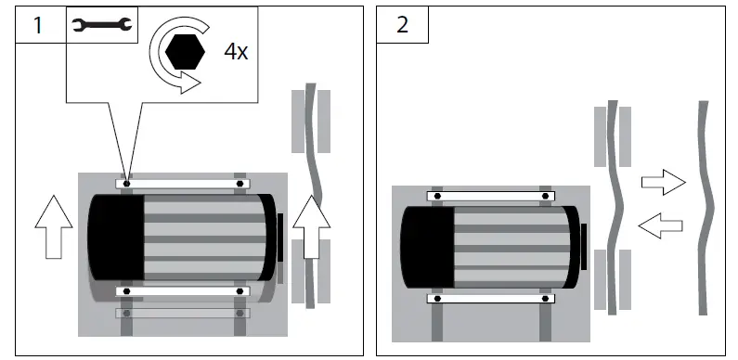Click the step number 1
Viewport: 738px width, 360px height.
click(x=37, y=25)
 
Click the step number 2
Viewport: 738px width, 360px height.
click(x=402, y=25)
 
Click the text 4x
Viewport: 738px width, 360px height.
click(x=235, y=51)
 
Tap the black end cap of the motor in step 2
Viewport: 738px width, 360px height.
click(x=426, y=247)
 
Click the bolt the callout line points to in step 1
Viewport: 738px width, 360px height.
click(x=126, y=184)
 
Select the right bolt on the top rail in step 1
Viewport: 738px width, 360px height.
click(x=240, y=184)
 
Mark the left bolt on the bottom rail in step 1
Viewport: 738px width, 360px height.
click(x=126, y=291)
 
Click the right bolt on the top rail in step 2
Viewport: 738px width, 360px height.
click(x=542, y=196)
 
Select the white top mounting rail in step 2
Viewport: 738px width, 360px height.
click(x=490, y=196)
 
